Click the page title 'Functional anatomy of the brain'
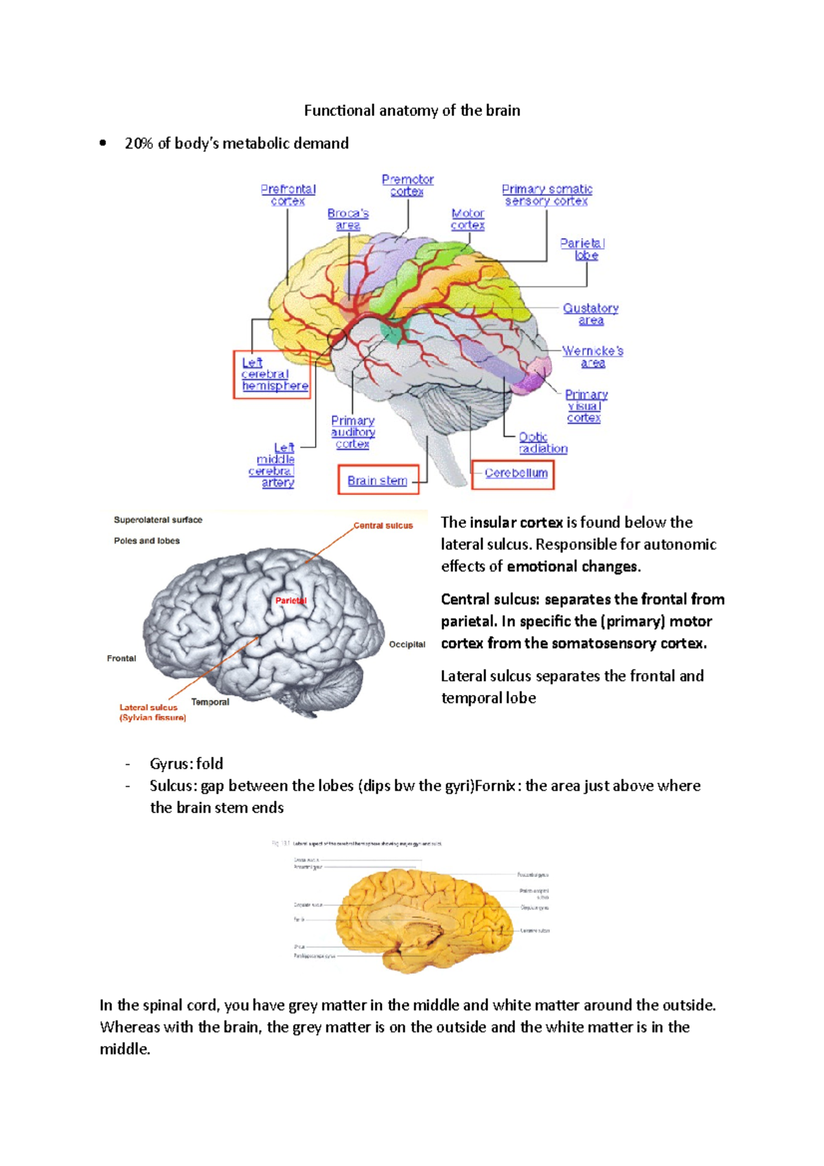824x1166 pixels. point(412,111)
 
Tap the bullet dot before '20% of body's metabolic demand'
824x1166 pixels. point(103,144)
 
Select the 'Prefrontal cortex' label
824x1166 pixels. point(288,195)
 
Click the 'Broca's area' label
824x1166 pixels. point(348,219)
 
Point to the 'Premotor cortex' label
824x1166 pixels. point(407,185)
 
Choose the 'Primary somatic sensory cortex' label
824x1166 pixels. point(547,195)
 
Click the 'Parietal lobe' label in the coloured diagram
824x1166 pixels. point(583,249)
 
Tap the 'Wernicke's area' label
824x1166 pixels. point(593,356)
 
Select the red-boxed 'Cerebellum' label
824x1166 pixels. point(515,473)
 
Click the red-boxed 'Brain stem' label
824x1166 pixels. point(377,480)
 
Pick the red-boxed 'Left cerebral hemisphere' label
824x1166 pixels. point(273,374)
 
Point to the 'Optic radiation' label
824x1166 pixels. point(542,443)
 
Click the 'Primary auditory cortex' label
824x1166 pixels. point(353,432)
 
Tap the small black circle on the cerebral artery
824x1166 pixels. point(337,339)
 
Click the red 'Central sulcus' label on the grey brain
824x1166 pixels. point(383,525)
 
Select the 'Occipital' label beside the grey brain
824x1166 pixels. point(407,644)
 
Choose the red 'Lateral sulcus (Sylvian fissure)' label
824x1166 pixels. point(152,712)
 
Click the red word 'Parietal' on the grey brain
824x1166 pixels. point(290,600)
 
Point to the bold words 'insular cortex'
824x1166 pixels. point(515,523)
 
